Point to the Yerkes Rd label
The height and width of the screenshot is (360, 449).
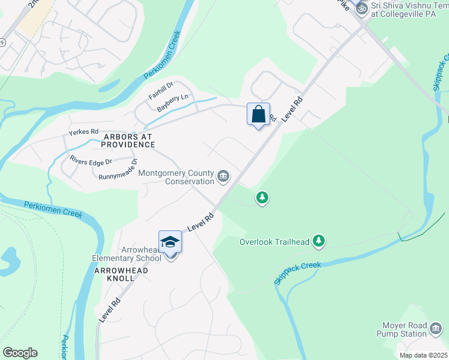83,131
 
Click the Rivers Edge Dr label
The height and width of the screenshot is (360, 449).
91,161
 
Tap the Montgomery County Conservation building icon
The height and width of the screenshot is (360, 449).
223,176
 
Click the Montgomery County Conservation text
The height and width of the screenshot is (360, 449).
176,177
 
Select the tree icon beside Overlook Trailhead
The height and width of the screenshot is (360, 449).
319,241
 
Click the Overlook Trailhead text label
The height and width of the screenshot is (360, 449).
274,242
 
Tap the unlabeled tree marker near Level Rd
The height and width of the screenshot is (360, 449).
262,197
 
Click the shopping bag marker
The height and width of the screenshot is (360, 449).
258,113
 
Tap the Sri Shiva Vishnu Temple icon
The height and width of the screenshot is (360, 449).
361,8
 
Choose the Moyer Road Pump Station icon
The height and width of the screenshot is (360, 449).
436,328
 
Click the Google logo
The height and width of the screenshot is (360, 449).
20,353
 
